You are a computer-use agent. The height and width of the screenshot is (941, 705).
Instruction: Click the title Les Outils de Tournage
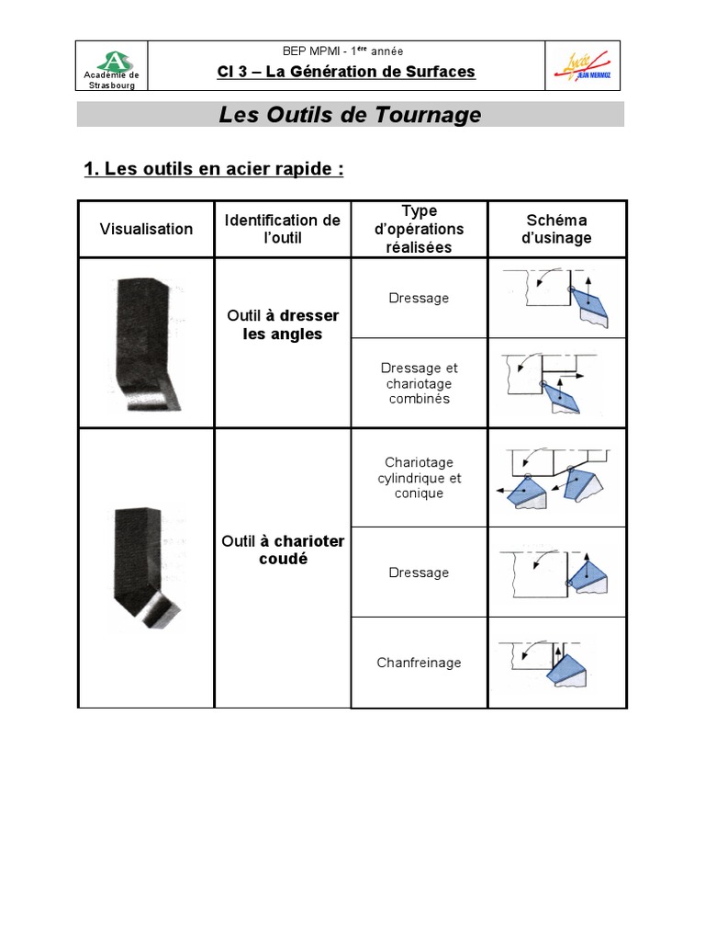coord(350,115)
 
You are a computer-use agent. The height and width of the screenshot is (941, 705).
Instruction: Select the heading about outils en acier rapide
coord(213,169)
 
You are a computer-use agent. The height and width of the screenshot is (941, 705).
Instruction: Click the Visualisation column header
coord(146,229)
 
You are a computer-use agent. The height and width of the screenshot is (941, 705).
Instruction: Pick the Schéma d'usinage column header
coord(557,229)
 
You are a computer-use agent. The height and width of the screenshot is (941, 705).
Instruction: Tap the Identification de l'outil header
coord(283,229)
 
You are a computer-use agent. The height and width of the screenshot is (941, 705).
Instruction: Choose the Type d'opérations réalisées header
coord(420,229)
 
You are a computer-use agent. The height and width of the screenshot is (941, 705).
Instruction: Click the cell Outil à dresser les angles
coord(283,325)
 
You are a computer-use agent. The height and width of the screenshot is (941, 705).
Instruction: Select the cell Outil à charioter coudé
coord(283,550)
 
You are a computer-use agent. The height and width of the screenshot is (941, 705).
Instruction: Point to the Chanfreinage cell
coord(419,663)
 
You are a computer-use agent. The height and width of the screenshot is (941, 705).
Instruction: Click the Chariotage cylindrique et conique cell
coord(419,478)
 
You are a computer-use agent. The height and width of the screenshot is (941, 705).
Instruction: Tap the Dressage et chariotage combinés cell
coord(419,383)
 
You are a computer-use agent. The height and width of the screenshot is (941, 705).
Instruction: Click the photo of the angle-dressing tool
coord(145,342)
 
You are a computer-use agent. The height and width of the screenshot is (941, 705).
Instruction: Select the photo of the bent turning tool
coord(147,568)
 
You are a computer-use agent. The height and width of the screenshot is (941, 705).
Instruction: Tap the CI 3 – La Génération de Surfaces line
coord(346,72)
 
